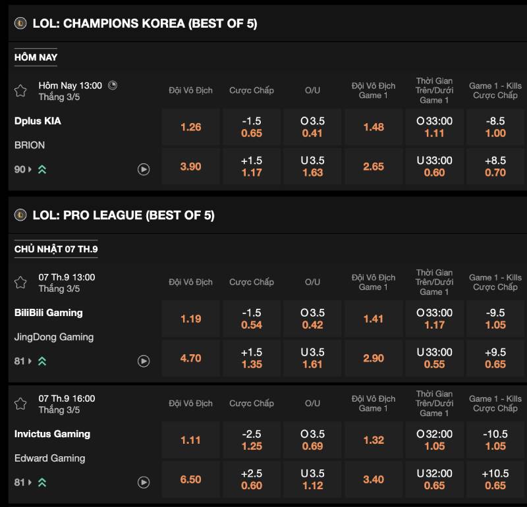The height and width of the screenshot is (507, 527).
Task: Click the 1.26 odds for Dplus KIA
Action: point(190,127)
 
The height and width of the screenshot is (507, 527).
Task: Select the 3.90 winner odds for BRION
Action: point(190,167)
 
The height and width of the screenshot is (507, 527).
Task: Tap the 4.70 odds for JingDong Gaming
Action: point(190,358)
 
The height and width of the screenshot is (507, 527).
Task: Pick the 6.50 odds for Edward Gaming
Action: point(190,479)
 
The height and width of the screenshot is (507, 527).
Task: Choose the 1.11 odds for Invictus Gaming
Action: point(190,440)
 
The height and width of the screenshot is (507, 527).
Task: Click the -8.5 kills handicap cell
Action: point(495,127)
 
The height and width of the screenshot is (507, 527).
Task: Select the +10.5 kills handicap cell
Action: point(495,479)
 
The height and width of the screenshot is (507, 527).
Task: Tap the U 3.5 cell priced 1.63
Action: point(312,167)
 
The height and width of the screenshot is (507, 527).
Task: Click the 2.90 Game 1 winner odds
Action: point(373,358)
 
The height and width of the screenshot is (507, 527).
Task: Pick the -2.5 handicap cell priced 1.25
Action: point(252,440)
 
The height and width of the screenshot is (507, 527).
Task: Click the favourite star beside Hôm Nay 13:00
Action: point(20,91)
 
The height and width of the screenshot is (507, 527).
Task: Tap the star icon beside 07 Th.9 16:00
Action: point(20,404)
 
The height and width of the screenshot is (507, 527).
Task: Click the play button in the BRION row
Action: point(144,169)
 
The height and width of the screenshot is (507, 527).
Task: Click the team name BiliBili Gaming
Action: point(48,313)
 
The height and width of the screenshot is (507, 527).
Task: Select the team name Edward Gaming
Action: point(49,458)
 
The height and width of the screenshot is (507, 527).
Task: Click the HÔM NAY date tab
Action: point(36,57)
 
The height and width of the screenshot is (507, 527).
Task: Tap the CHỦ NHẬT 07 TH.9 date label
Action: point(55,249)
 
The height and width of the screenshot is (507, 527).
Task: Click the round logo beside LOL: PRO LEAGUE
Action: point(20,215)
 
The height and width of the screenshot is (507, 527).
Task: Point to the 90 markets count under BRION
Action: point(20,169)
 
